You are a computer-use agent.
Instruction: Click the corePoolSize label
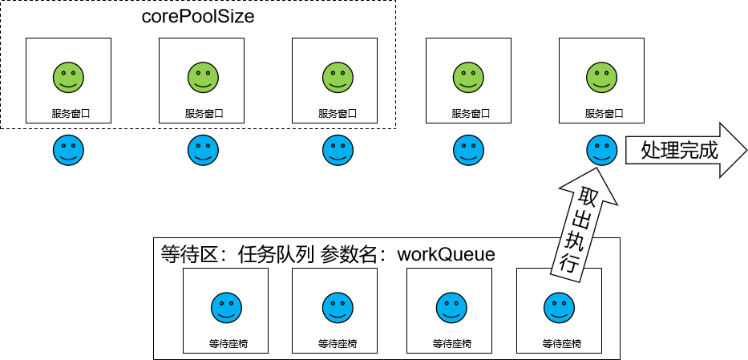point(198,15)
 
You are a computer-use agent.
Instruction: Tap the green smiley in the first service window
point(69,77)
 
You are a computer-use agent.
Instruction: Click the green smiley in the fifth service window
point(602,77)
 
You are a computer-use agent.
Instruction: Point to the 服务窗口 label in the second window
point(203,114)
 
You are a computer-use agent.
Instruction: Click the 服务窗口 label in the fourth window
point(470,114)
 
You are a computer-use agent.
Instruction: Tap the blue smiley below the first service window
point(69,150)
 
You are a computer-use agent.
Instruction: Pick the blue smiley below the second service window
point(202,150)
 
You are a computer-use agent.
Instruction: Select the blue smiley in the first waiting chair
point(226,306)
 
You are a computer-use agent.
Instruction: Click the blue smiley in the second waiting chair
point(335,306)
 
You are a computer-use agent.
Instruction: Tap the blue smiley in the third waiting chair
point(450,306)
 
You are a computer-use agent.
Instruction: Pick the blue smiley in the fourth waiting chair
point(559,306)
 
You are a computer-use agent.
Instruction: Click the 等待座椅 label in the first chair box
point(227,344)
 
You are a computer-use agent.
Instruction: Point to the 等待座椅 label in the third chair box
point(451,344)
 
